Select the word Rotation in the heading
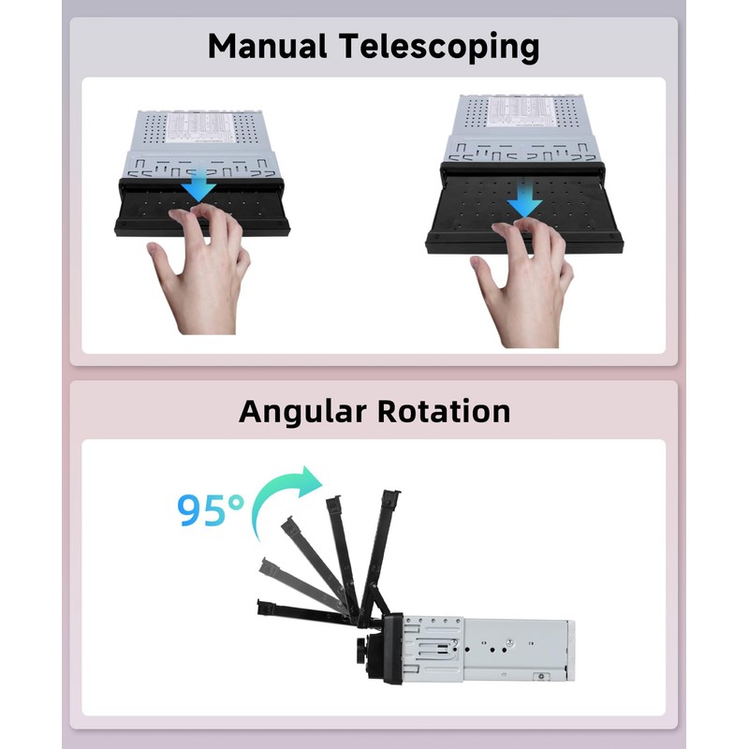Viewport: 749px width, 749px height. click(x=452, y=411)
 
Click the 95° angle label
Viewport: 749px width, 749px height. click(x=212, y=510)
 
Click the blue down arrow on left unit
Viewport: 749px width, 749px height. click(x=198, y=183)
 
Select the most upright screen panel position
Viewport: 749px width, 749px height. click(x=383, y=543)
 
